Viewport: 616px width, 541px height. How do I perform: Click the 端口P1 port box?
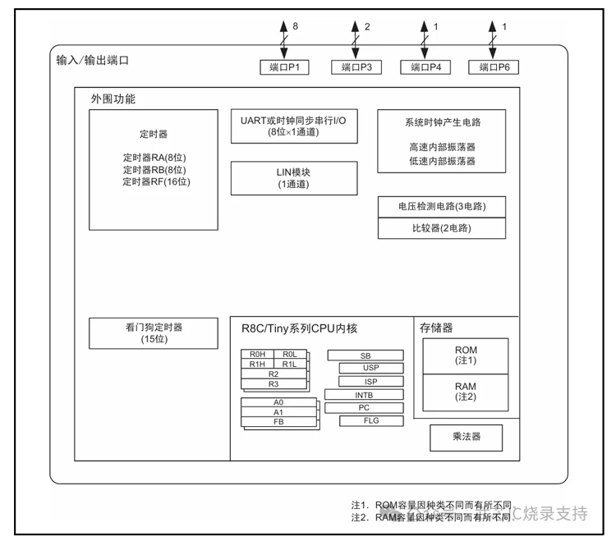(284, 67)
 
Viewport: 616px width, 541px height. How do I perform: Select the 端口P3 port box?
(356, 67)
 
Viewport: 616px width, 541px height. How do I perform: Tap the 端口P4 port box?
(425, 67)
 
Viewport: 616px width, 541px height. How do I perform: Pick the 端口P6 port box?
(494, 67)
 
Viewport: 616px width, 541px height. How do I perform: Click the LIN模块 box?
(294, 178)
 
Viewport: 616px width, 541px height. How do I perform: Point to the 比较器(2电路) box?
(441, 227)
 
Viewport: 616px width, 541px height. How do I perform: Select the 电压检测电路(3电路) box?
(441, 206)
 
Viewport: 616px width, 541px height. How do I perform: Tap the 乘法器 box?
(466, 438)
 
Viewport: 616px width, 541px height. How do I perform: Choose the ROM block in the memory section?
(466, 355)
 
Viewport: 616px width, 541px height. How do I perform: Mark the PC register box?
(364, 407)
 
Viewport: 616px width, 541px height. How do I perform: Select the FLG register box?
(370, 421)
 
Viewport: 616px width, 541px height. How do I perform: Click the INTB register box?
(364, 394)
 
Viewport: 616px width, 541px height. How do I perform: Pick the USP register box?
(370, 368)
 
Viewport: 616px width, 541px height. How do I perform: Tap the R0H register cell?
(257, 354)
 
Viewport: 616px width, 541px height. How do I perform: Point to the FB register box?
(278, 421)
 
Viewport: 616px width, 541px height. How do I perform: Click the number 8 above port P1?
(295, 27)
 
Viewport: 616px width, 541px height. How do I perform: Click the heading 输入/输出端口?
(93, 61)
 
